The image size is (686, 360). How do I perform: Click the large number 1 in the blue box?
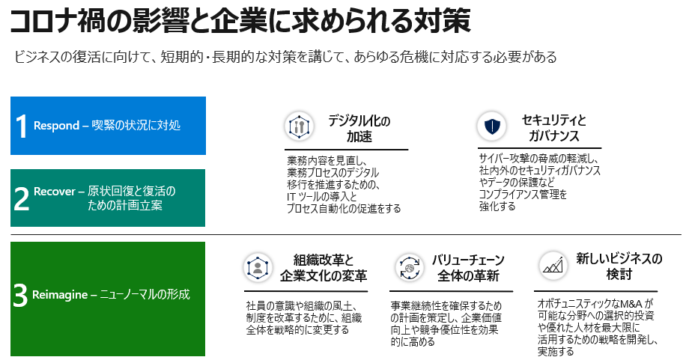(x=22, y=126)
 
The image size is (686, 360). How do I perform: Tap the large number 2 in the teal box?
(x=22, y=199)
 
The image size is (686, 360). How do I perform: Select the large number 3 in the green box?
(x=20, y=296)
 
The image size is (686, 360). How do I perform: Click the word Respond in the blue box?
(x=56, y=126)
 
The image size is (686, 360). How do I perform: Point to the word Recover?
(x=55, y=192)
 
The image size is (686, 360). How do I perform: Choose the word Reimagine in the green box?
(x=59, y=295)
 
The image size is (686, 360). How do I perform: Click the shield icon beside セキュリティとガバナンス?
(x=492, y=126)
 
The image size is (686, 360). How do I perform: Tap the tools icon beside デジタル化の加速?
(x=300, y=126)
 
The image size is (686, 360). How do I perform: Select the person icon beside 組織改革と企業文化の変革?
(x=258, y=267)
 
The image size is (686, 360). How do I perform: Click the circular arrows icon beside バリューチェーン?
(x=410, y=267)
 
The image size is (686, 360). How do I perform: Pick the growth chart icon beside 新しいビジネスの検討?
(x=553, y=266)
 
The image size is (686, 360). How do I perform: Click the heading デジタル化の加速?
(x=359, y=129)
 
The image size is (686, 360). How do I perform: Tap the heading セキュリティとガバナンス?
(x=553, y=128)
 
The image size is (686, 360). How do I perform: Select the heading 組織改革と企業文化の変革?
(x=324, y=268)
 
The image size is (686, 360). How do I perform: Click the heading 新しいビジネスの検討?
(x=619, y=266)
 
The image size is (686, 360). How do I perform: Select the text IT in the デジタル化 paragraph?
(x=291, y=197)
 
